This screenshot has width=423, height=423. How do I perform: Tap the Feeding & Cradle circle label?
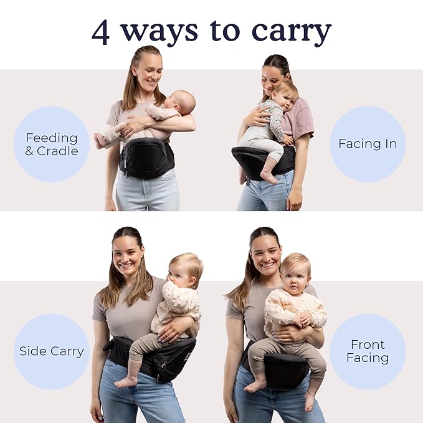pyautogui.click(x=52, y=144)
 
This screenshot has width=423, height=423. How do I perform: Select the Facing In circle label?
pyautogui.click(x=368, y=144)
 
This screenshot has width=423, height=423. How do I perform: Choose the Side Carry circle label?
pyautogui.click(x=52, y=351)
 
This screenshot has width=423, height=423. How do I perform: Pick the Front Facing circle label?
pyautogui.click(x=368, y=351)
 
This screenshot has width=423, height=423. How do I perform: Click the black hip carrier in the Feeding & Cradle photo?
pyautogui.click(x=146, y=158)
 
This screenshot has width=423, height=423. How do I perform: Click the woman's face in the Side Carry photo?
pyautogui.click(x=128, y=255)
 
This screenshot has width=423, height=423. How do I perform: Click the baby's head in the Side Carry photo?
pyautogui.click(x=185, y=268)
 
